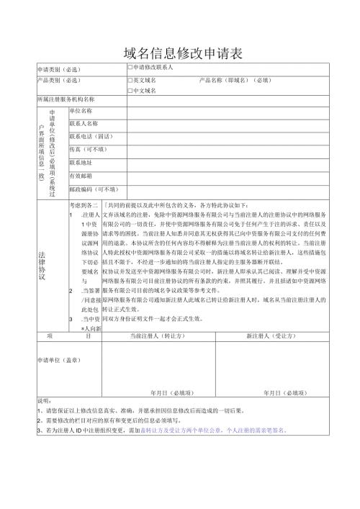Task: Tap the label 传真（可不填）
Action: click(x=87, y=149)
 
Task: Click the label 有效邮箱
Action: click(x=80, y=176)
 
